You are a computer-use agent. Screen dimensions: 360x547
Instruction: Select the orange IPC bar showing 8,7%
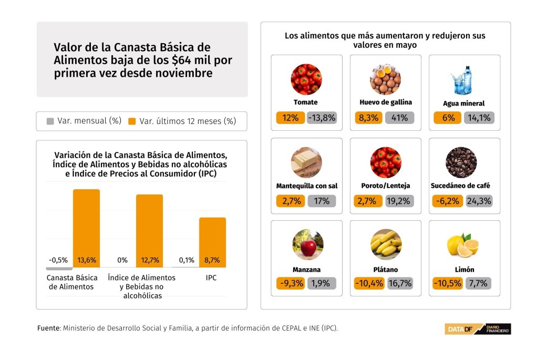tap(212, 239)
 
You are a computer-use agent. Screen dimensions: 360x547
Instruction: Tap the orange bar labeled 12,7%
tap(149, 229)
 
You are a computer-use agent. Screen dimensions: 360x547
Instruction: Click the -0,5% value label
tap(58, 260)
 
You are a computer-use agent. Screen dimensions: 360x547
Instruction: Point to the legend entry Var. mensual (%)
tap(84, 121)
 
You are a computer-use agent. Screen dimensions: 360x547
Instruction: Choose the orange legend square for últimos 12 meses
tap(132, 121)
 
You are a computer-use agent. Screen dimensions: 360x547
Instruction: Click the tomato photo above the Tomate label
tap(306, 79)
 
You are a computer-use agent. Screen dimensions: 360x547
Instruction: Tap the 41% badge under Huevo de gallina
tap(399, 118)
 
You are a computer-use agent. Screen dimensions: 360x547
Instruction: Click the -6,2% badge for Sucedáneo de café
tap(447, 201)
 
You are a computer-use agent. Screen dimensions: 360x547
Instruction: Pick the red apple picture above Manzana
tap(308, 244)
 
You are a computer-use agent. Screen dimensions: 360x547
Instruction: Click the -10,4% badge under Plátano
tap(369, 283)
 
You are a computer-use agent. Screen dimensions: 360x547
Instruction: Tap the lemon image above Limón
tap(462, 245)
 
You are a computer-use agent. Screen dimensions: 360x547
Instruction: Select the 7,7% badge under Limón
tap(478, 283)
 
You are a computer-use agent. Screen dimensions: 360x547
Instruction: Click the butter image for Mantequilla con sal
tap(306, 162)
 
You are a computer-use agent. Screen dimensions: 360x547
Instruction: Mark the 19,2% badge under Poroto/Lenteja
tap(399, 201)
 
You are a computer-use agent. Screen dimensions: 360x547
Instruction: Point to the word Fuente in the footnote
tap(48, 328)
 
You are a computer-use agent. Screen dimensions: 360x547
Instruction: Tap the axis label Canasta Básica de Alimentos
tap(72, 282)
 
